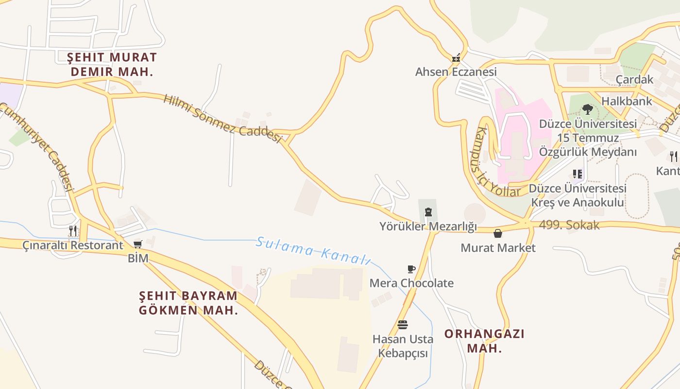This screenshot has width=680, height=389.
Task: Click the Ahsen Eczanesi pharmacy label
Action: click(456, 72)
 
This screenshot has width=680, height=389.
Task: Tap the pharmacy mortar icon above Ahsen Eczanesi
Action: click(456, 58)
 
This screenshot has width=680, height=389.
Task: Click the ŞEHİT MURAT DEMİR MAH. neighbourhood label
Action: click(112, 64)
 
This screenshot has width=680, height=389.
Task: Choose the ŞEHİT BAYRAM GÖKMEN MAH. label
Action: click(188, 302)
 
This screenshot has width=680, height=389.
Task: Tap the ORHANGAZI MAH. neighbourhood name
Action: click(484, 341)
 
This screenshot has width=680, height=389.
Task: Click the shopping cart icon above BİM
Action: click(138, 244)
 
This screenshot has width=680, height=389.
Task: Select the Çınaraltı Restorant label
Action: click(73, 245)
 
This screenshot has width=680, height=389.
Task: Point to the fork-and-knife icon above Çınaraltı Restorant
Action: click(73, 230)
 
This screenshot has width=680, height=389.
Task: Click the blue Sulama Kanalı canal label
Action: click(313, 250)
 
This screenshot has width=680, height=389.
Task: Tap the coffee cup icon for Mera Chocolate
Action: click(411, 269)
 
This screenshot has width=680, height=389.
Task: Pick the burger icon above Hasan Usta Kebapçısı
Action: click(403, 325)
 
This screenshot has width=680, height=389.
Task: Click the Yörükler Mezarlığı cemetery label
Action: click(428, 227)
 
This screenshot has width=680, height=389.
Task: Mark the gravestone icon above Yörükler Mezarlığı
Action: click(428, 212)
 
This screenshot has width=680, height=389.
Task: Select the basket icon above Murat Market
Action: click(498, 234)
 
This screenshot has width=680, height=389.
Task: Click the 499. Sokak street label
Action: click(569, 225)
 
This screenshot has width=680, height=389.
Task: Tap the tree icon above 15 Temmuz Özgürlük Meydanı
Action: click(588, 109)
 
